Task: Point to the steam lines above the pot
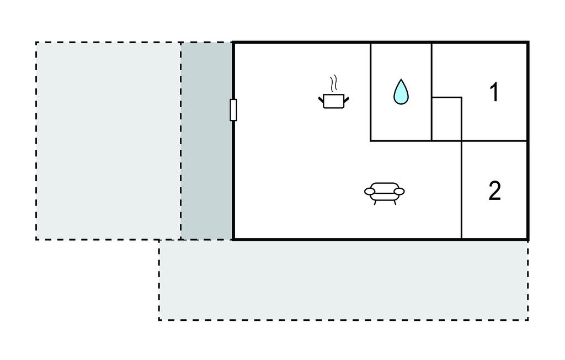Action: pos(334,83)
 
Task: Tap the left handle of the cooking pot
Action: pos(321,98)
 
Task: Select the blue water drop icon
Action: pos(401,92)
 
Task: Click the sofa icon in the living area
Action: pos(385,194)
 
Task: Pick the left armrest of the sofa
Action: pos(370,191)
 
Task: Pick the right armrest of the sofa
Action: pos(399,191)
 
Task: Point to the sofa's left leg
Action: pos(375,203)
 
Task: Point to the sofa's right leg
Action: pos(394,203)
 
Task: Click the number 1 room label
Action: pos(494,92)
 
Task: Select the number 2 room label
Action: pos(495,191)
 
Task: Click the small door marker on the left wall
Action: pos(233,110)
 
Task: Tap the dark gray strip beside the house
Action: pos(206,141)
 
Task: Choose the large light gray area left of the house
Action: pos(109,141)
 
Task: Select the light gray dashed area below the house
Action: pos(343,280)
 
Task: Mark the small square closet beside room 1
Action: pos(446,119)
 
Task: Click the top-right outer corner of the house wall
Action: pos(528,42)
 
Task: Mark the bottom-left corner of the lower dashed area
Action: pos(159,320)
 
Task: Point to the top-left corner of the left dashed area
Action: pos(36,43)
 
